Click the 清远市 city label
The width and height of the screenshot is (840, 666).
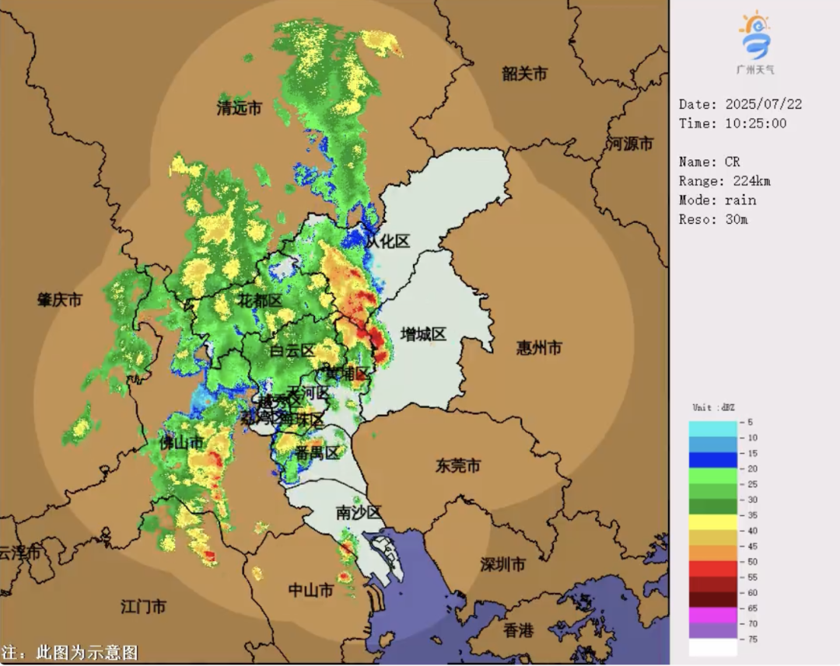239,109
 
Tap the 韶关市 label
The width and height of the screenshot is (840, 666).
524,74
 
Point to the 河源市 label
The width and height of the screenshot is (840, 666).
630,144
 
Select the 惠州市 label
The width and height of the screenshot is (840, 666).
539,348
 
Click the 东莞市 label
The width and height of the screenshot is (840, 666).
457,466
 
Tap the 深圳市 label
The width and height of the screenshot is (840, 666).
502,564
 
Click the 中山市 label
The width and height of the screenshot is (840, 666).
311,591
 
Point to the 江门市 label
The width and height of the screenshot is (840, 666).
144,606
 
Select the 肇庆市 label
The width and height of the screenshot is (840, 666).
60,300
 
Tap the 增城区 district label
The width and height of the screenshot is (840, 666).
423,335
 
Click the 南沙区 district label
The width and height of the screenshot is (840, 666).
359,513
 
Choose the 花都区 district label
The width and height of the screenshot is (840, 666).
260,301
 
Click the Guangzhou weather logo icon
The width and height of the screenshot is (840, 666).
754,37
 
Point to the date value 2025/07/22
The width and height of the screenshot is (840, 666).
764,104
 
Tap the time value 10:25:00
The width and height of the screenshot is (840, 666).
755,124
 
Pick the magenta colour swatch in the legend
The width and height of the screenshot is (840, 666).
712,615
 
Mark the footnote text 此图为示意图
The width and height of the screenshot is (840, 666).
81,652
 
